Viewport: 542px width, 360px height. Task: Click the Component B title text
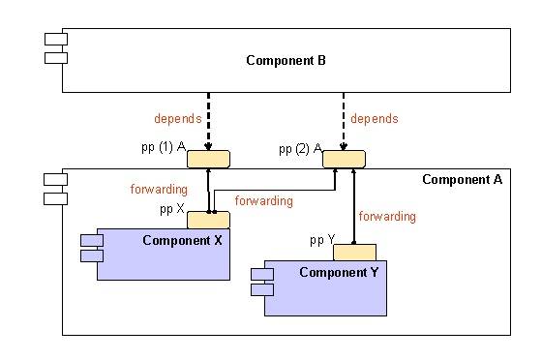[x=286, y=61]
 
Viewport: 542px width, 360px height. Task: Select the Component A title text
[x=463, y=179]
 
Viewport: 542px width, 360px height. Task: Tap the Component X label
[x=183, y=240]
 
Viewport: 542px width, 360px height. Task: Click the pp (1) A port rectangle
[x=208, y=159]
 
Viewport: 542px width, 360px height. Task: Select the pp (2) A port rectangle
[x=344, y=159]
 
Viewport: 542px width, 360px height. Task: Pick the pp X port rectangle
[x=208, y=220]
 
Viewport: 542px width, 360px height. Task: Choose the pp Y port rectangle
[x=354, y=253]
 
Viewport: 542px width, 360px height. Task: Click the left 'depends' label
[x=178, y=119]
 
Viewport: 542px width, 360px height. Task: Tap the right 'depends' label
[x=375, y=119]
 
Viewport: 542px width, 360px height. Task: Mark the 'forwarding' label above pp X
[x=159, y=190]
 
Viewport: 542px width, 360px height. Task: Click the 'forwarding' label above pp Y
[x=387, y=216]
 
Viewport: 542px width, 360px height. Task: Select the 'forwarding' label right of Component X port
[x=263, y=201]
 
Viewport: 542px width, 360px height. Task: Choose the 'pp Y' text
[x=321, y=239]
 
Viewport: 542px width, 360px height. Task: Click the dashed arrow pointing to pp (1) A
[x=208, y=121]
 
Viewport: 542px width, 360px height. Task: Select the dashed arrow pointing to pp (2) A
[x=344, y=121]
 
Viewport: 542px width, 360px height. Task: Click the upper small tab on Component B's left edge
[x=54, y=39]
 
